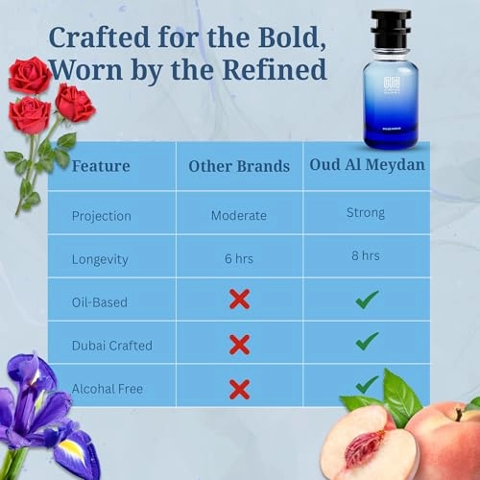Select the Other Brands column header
pyautogui.click(x=239, y=165)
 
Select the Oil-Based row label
pyautogui.click(x=100, y=301)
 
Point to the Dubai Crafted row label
pyautogui.click(x=111, y=345)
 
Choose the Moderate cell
pyautogui.click(x=239, y=215)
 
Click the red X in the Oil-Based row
pyautogui.click(x=239, y=300)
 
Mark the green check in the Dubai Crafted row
pyautogui.click(x=366, y=341)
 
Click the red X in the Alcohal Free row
pyautogui.click(x=239, y=388)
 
